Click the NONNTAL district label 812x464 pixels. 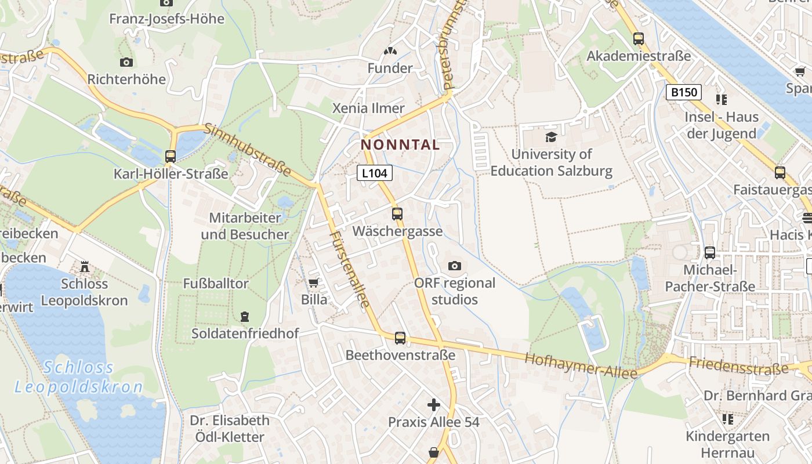400,144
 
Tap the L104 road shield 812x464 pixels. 375,172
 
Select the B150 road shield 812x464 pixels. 684,92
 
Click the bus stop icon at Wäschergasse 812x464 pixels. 397,213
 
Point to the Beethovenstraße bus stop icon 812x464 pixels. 400,338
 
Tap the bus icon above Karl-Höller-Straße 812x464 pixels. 171,156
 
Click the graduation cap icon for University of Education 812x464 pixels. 551,137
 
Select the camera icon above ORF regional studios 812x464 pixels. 455,266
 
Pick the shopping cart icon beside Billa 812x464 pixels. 314,282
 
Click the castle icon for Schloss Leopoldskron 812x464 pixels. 85,267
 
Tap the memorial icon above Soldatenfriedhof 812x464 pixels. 245,317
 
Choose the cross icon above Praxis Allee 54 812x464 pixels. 434,405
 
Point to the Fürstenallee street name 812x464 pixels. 350,269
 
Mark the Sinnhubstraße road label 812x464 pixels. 248,150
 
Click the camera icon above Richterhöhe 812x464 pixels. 126,62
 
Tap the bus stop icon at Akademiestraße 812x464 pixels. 639,39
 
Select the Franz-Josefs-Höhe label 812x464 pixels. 166,19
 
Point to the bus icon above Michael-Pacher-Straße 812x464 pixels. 710,252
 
